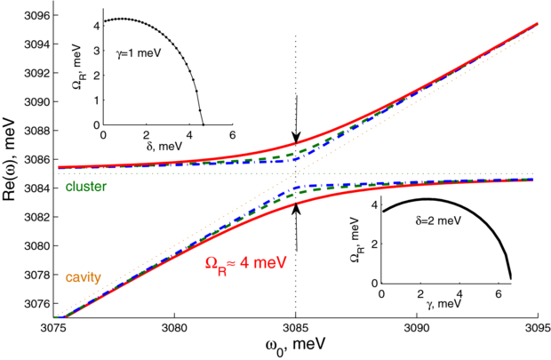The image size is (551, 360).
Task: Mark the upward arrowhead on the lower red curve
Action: tap(296, 206)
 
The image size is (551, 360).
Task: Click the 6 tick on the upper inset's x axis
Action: tap(232, 134)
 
